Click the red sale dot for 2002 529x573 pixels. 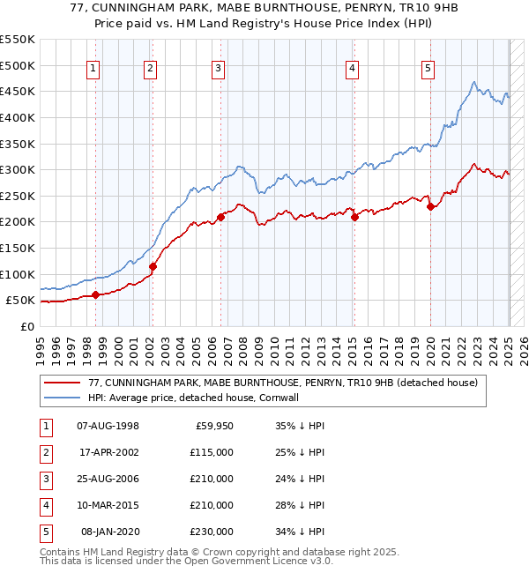[x=153, y=266]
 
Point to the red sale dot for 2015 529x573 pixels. [x=354, y=217]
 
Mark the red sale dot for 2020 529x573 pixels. [x=430, y=207]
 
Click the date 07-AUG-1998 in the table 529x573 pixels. [x=108, y=426]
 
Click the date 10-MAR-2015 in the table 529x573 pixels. [x=108, y=505]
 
